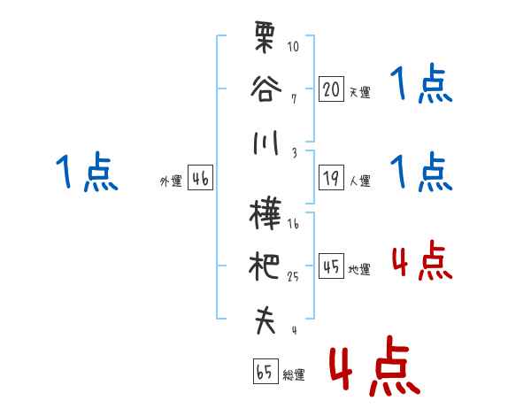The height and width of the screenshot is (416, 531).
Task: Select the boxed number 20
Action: [x=332, y=89]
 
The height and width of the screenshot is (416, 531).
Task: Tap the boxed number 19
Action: [x=332, y=178]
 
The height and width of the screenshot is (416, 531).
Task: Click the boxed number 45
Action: [x=332, y=266]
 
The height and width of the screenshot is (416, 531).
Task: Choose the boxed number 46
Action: [x=200, y=179]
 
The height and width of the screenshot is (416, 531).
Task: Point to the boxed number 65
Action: [x=265, y=372]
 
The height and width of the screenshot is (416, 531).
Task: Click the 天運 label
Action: [x=359, y=92]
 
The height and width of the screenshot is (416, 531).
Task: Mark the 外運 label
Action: [x=171, y=181]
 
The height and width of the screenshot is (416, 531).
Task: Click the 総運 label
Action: [x=293, y=375]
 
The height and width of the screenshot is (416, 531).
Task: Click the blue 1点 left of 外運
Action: [x=87, y=172]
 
